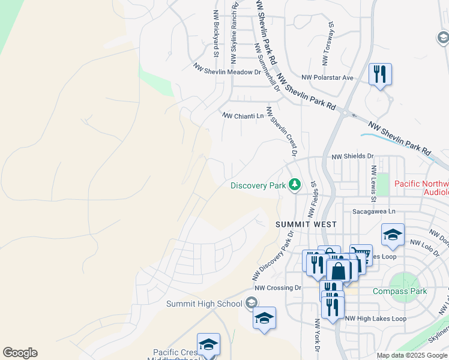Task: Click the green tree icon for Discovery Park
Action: [x=294, y=184]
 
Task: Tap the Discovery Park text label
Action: [x=258, y=185]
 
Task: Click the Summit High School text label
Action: [x=205, y=304]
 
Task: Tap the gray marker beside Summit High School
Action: [x=252, y=304]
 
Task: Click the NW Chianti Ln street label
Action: [x=243, y=116]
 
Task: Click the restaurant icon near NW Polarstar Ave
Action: [x=380, y=74]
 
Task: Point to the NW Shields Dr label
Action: [x=352, y=156]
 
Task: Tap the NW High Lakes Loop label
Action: [x=376, y=319]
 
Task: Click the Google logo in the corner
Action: [x=20, y=353]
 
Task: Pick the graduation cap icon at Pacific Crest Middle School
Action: [x=208, y=344]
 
